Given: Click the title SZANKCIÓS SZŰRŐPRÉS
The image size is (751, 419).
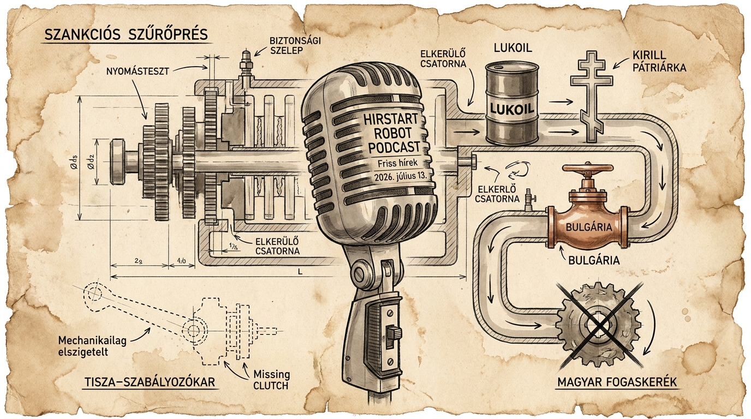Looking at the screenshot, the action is tap(126, 35).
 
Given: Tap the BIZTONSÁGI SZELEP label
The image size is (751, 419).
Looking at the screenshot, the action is tap(295, 45).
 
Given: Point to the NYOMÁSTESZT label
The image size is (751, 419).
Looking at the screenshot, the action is tap(138, 71).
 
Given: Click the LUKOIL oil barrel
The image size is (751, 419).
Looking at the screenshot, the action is tap(512, 104).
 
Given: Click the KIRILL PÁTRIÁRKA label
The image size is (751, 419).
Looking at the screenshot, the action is tap(659, 61).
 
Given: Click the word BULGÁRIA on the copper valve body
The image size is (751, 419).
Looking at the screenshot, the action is tap(589, 227).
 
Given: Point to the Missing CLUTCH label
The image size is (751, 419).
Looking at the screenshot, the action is tap(271, 380).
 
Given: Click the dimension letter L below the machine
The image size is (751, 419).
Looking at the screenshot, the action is tap(300, 272).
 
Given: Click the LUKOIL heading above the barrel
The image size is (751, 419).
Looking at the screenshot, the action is tap(512, 47).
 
